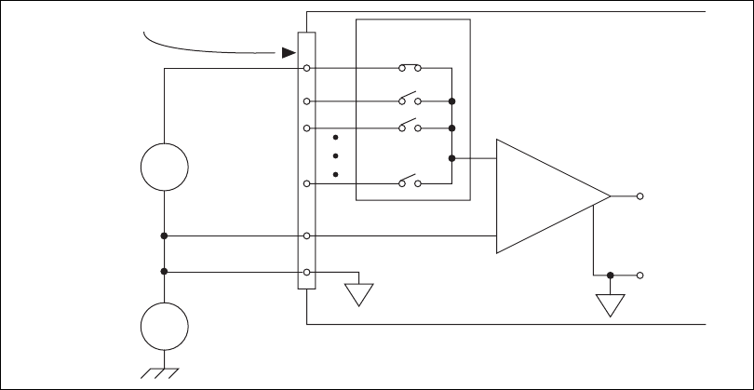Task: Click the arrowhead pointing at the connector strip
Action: coord(289,53)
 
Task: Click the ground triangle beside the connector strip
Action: coord(357,294)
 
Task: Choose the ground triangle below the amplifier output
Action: coord(610,305)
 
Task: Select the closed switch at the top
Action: coord(410,68)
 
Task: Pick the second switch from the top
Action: coord(410,100)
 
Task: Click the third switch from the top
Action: coord(410,127)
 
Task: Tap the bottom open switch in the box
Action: coord(410,182)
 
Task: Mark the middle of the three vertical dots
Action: coord(334,156)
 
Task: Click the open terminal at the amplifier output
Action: coord(640,196)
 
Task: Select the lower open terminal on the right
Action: coord(640,276)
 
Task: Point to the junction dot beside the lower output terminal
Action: coord(610,276)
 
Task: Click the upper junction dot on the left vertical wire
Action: coord(164,236)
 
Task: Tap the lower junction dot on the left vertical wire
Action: coord(164,272)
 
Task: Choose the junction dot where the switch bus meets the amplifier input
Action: coord(451,158)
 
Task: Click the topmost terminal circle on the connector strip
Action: coord(306,68)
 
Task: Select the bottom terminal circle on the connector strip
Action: coord(306,272)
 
